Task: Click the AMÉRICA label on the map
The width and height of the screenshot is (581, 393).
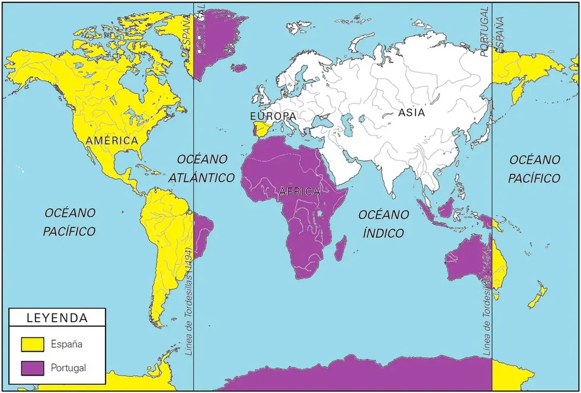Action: click(111, 141)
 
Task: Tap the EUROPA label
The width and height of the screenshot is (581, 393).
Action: click(273, 116)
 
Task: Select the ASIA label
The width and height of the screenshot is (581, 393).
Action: click(411, 112)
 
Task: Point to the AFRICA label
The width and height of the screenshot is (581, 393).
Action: click(299, 191)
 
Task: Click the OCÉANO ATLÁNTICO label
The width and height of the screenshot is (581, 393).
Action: click(202, 168)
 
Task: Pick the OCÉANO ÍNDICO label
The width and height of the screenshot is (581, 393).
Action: click(383, 223)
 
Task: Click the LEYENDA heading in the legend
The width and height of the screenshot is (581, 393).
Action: click(57, 318)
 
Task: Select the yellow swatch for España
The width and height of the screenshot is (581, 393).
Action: click(33, 344)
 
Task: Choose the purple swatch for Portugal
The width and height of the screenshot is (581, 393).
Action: click(33, 368)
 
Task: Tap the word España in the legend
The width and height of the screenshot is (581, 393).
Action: click(66, 344)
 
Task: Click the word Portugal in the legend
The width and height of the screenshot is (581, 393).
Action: click(69, 368)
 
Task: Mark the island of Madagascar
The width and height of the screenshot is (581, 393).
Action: click(340, 248)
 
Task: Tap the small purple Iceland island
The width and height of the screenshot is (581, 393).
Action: click(239, 68)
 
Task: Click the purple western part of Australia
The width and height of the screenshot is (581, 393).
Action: click(468, 261)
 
